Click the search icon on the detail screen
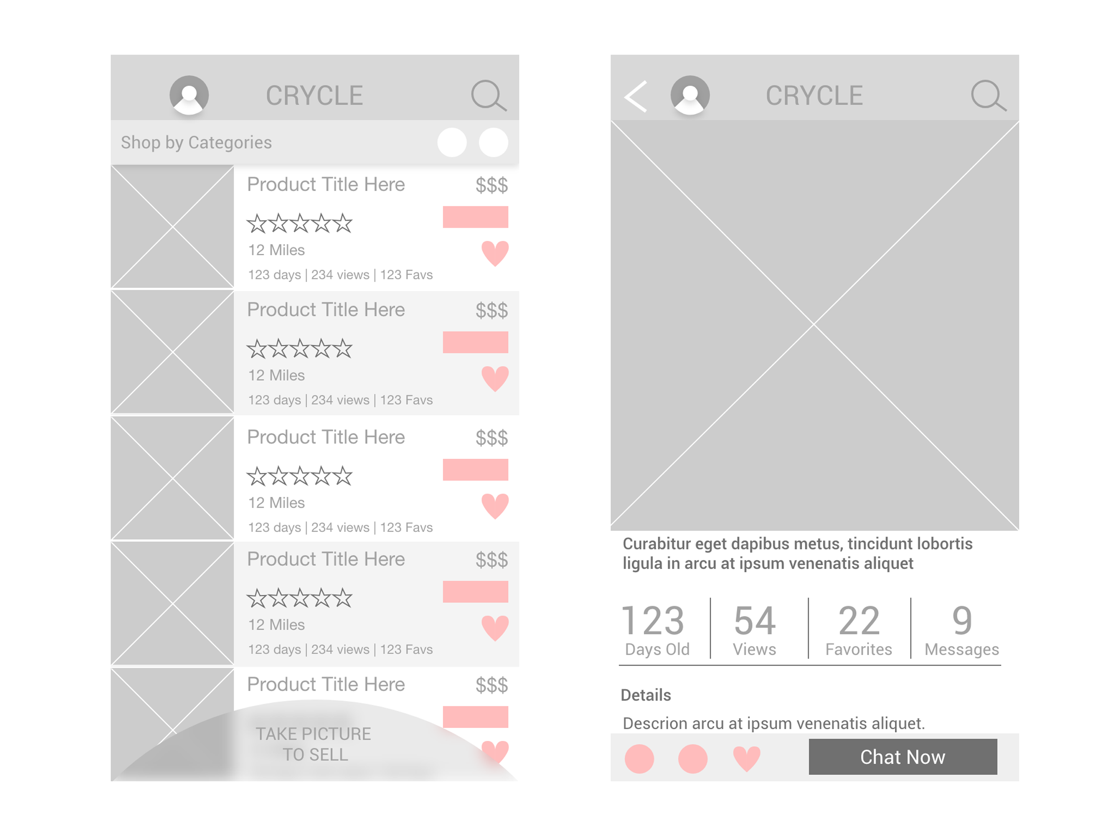pyautogui.click(x=988, y=96)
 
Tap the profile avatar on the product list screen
pyautogui.click(x=189, y=95)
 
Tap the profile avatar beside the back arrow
pyautogui.click(x=690, y=95)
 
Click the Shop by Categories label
pyautogui.click(x=196, y=143)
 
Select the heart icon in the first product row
pyautogui.click(x=495, y=253)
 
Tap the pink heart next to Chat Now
pyautogui.click(x=747, y=758)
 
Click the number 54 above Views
pyautogui.click(x=755, y=620)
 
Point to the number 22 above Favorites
pyautogui.click(x=859, y=620)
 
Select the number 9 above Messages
pyautogui.click(x=962, y=620)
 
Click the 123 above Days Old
pyautogui.click(x=653, y=620)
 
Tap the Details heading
pyautogui.click(x=646, y=695)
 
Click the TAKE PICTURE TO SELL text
pyautogui.click(x=314, y=745)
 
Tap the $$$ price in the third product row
pyautogui.click(x=491, y=438)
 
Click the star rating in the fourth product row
pyautogui.click(x=300, y=598)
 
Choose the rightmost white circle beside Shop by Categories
pyautogui.click(x=494, y=143)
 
